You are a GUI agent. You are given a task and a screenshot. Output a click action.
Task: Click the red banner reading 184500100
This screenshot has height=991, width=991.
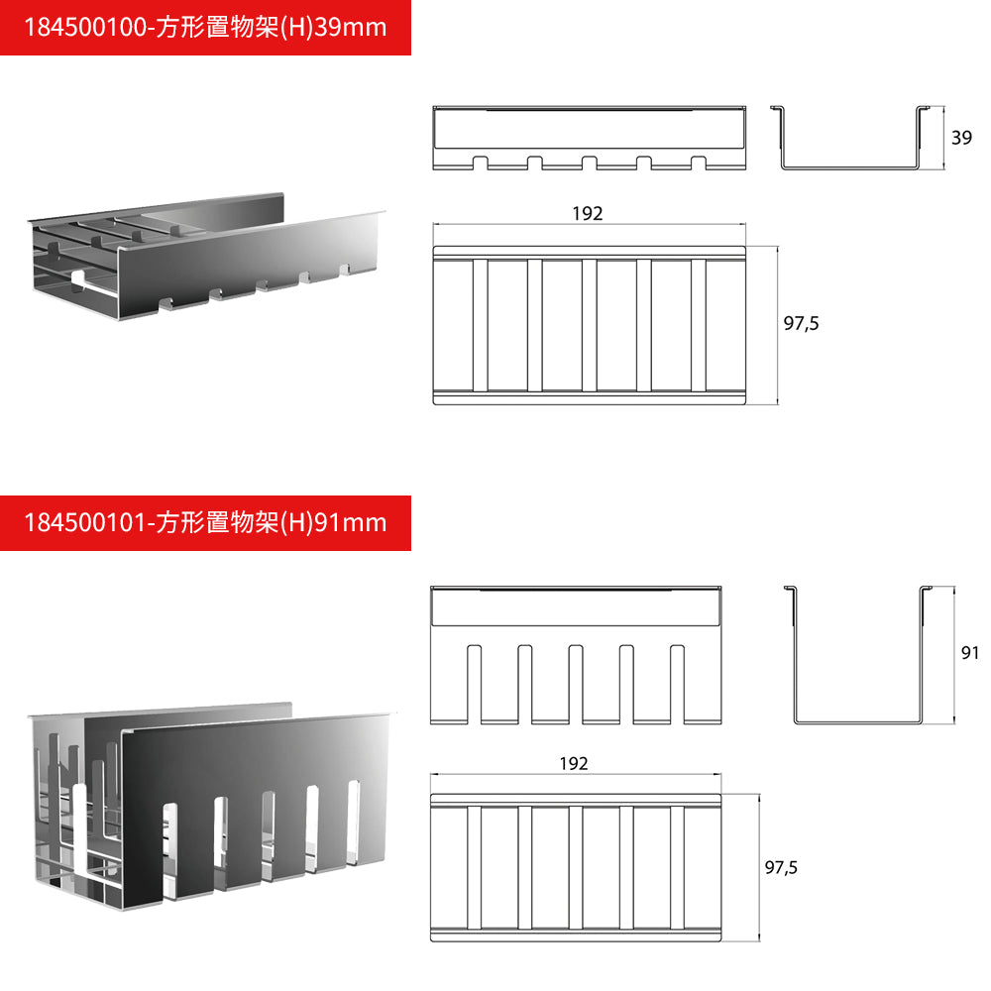click(x=205, y=27)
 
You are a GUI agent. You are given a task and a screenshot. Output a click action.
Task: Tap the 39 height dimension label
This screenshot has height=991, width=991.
click(x=961, y=139)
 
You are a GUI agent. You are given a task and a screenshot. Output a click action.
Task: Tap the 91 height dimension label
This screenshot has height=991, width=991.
click(x=970, y=653)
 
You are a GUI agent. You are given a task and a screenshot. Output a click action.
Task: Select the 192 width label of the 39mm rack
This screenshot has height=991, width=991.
click(x=587, y=214)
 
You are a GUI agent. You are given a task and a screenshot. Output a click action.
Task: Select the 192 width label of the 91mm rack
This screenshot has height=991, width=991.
click(x=573, y=764)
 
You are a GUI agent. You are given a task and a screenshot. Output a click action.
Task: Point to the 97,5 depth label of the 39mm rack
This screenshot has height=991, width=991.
click(x=802, y=323)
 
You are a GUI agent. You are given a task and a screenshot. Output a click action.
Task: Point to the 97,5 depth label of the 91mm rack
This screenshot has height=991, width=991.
click(x=782, y=867)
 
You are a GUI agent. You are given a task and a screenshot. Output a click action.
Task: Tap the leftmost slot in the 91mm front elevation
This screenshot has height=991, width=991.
click(x=473, y=684)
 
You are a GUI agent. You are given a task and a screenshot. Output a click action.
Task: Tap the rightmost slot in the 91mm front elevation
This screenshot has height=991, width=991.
click(x=678, y=684)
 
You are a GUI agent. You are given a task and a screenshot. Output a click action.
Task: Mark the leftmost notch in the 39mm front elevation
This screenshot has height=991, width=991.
click(x=481, y=162)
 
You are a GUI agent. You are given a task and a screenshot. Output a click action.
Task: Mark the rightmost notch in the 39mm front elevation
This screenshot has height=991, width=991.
click(x=699, y=162)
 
